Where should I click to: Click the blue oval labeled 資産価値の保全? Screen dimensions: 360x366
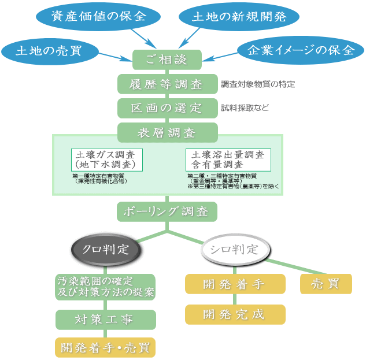pos(98,16)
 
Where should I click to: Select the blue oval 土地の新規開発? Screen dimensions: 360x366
pos(239,16)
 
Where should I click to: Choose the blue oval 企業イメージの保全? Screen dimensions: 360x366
pos(301,50)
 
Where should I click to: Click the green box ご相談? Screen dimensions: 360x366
pos(167,60)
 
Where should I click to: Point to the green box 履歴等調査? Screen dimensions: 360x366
pos(167,84)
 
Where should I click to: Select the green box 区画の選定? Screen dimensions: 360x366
pos(167,108)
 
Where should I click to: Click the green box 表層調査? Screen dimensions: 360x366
pos(167,132)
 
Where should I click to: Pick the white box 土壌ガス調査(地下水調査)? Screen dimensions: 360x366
pos(107,160)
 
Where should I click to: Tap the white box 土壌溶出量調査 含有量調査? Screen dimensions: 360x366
pos(228,160)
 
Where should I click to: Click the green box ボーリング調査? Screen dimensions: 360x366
pos(167,211)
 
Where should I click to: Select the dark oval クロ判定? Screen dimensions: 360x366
pos(106,250)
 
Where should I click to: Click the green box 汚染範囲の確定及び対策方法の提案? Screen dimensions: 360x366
pos(106,287)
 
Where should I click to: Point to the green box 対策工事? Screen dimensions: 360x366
pos(106,320)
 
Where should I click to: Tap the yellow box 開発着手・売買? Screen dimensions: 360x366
pos(106,347)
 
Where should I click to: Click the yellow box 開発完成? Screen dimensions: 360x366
pos(235,314)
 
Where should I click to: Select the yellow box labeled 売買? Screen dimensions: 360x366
pos(326,284)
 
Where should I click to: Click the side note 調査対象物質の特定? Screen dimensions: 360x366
pos(258,84)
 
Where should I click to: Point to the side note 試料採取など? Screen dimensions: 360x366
pos(245,108)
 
